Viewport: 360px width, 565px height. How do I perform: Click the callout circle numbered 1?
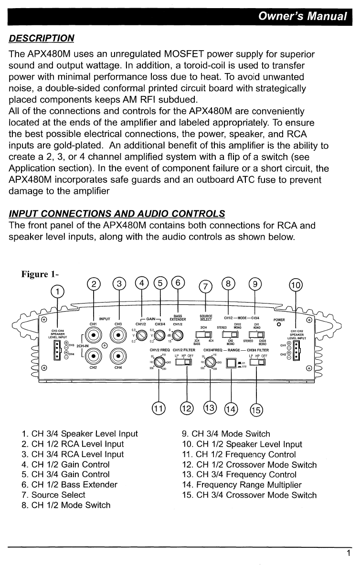[58, 291]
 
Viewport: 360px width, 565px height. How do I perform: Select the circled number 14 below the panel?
[231, 408]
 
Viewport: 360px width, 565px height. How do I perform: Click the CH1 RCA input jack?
[93, 335]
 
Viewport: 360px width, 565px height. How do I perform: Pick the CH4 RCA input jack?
[118, 356]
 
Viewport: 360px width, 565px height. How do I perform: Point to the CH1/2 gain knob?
[141, 335]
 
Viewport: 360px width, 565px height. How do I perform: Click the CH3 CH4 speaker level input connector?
[58, 349]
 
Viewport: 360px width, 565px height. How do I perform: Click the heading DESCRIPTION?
[42, 38]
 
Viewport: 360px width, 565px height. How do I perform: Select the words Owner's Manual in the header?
[302, 16]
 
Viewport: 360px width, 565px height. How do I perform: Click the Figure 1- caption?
[39, 274]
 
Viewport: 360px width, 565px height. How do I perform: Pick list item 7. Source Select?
[53, 495]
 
